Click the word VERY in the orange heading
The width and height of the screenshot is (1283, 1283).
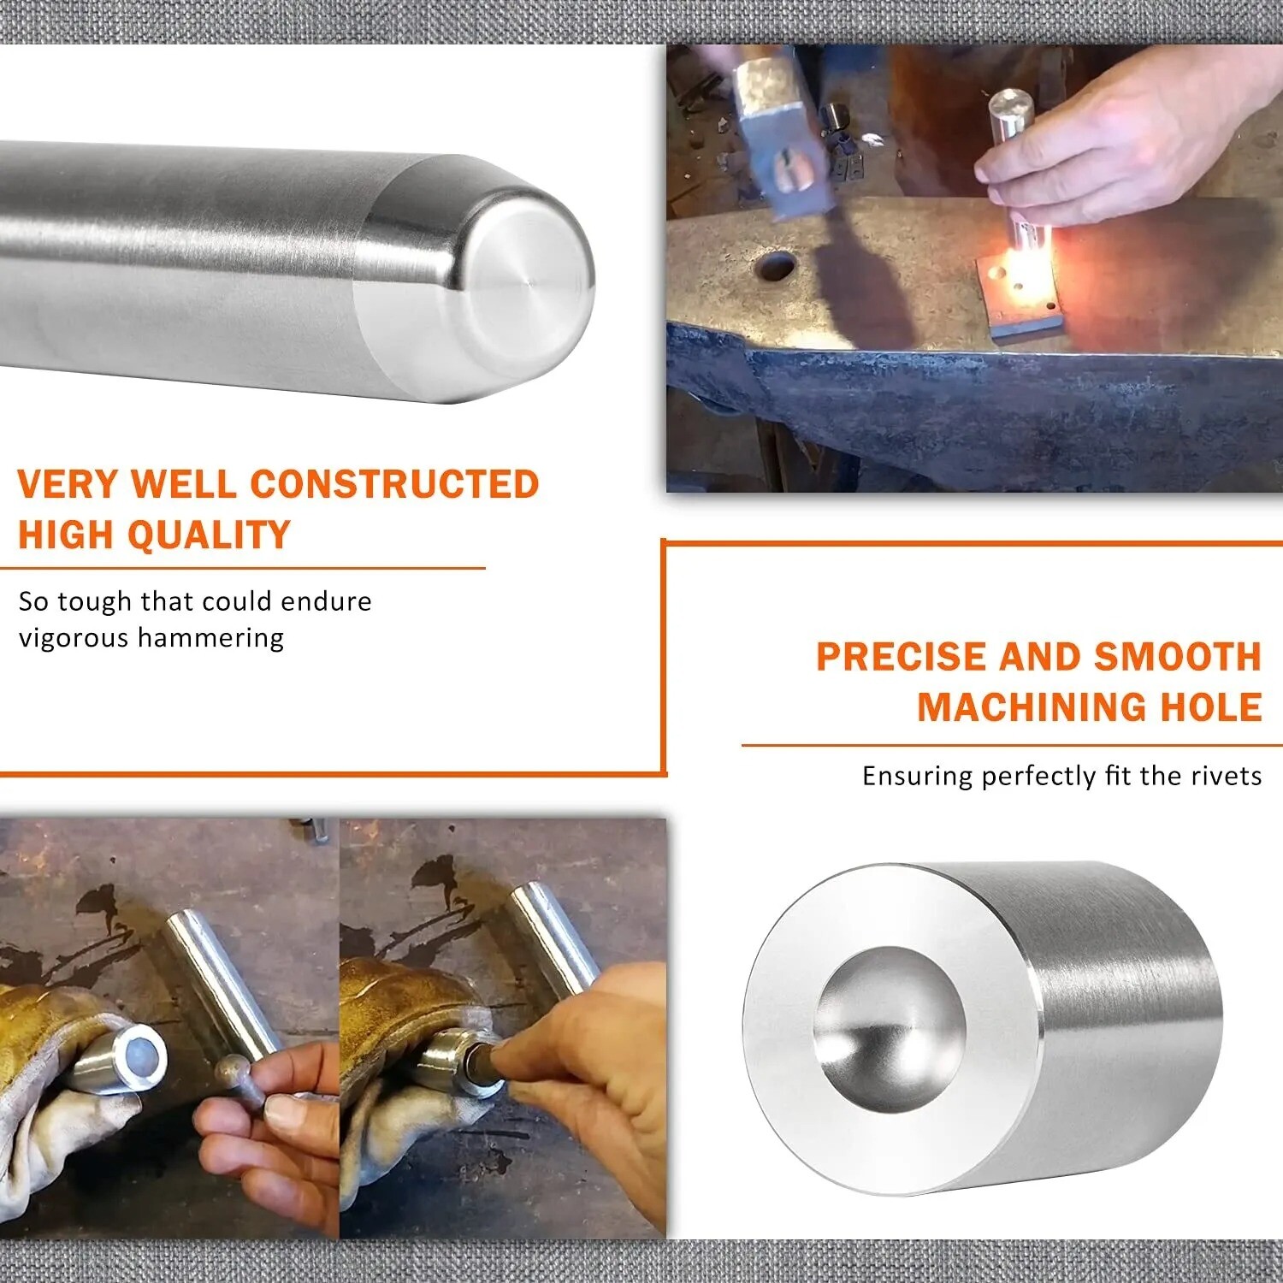[x=68, y=484]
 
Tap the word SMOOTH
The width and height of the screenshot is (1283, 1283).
[x=1178, y=657]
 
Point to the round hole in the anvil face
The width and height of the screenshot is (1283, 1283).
[x=776, y=266]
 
